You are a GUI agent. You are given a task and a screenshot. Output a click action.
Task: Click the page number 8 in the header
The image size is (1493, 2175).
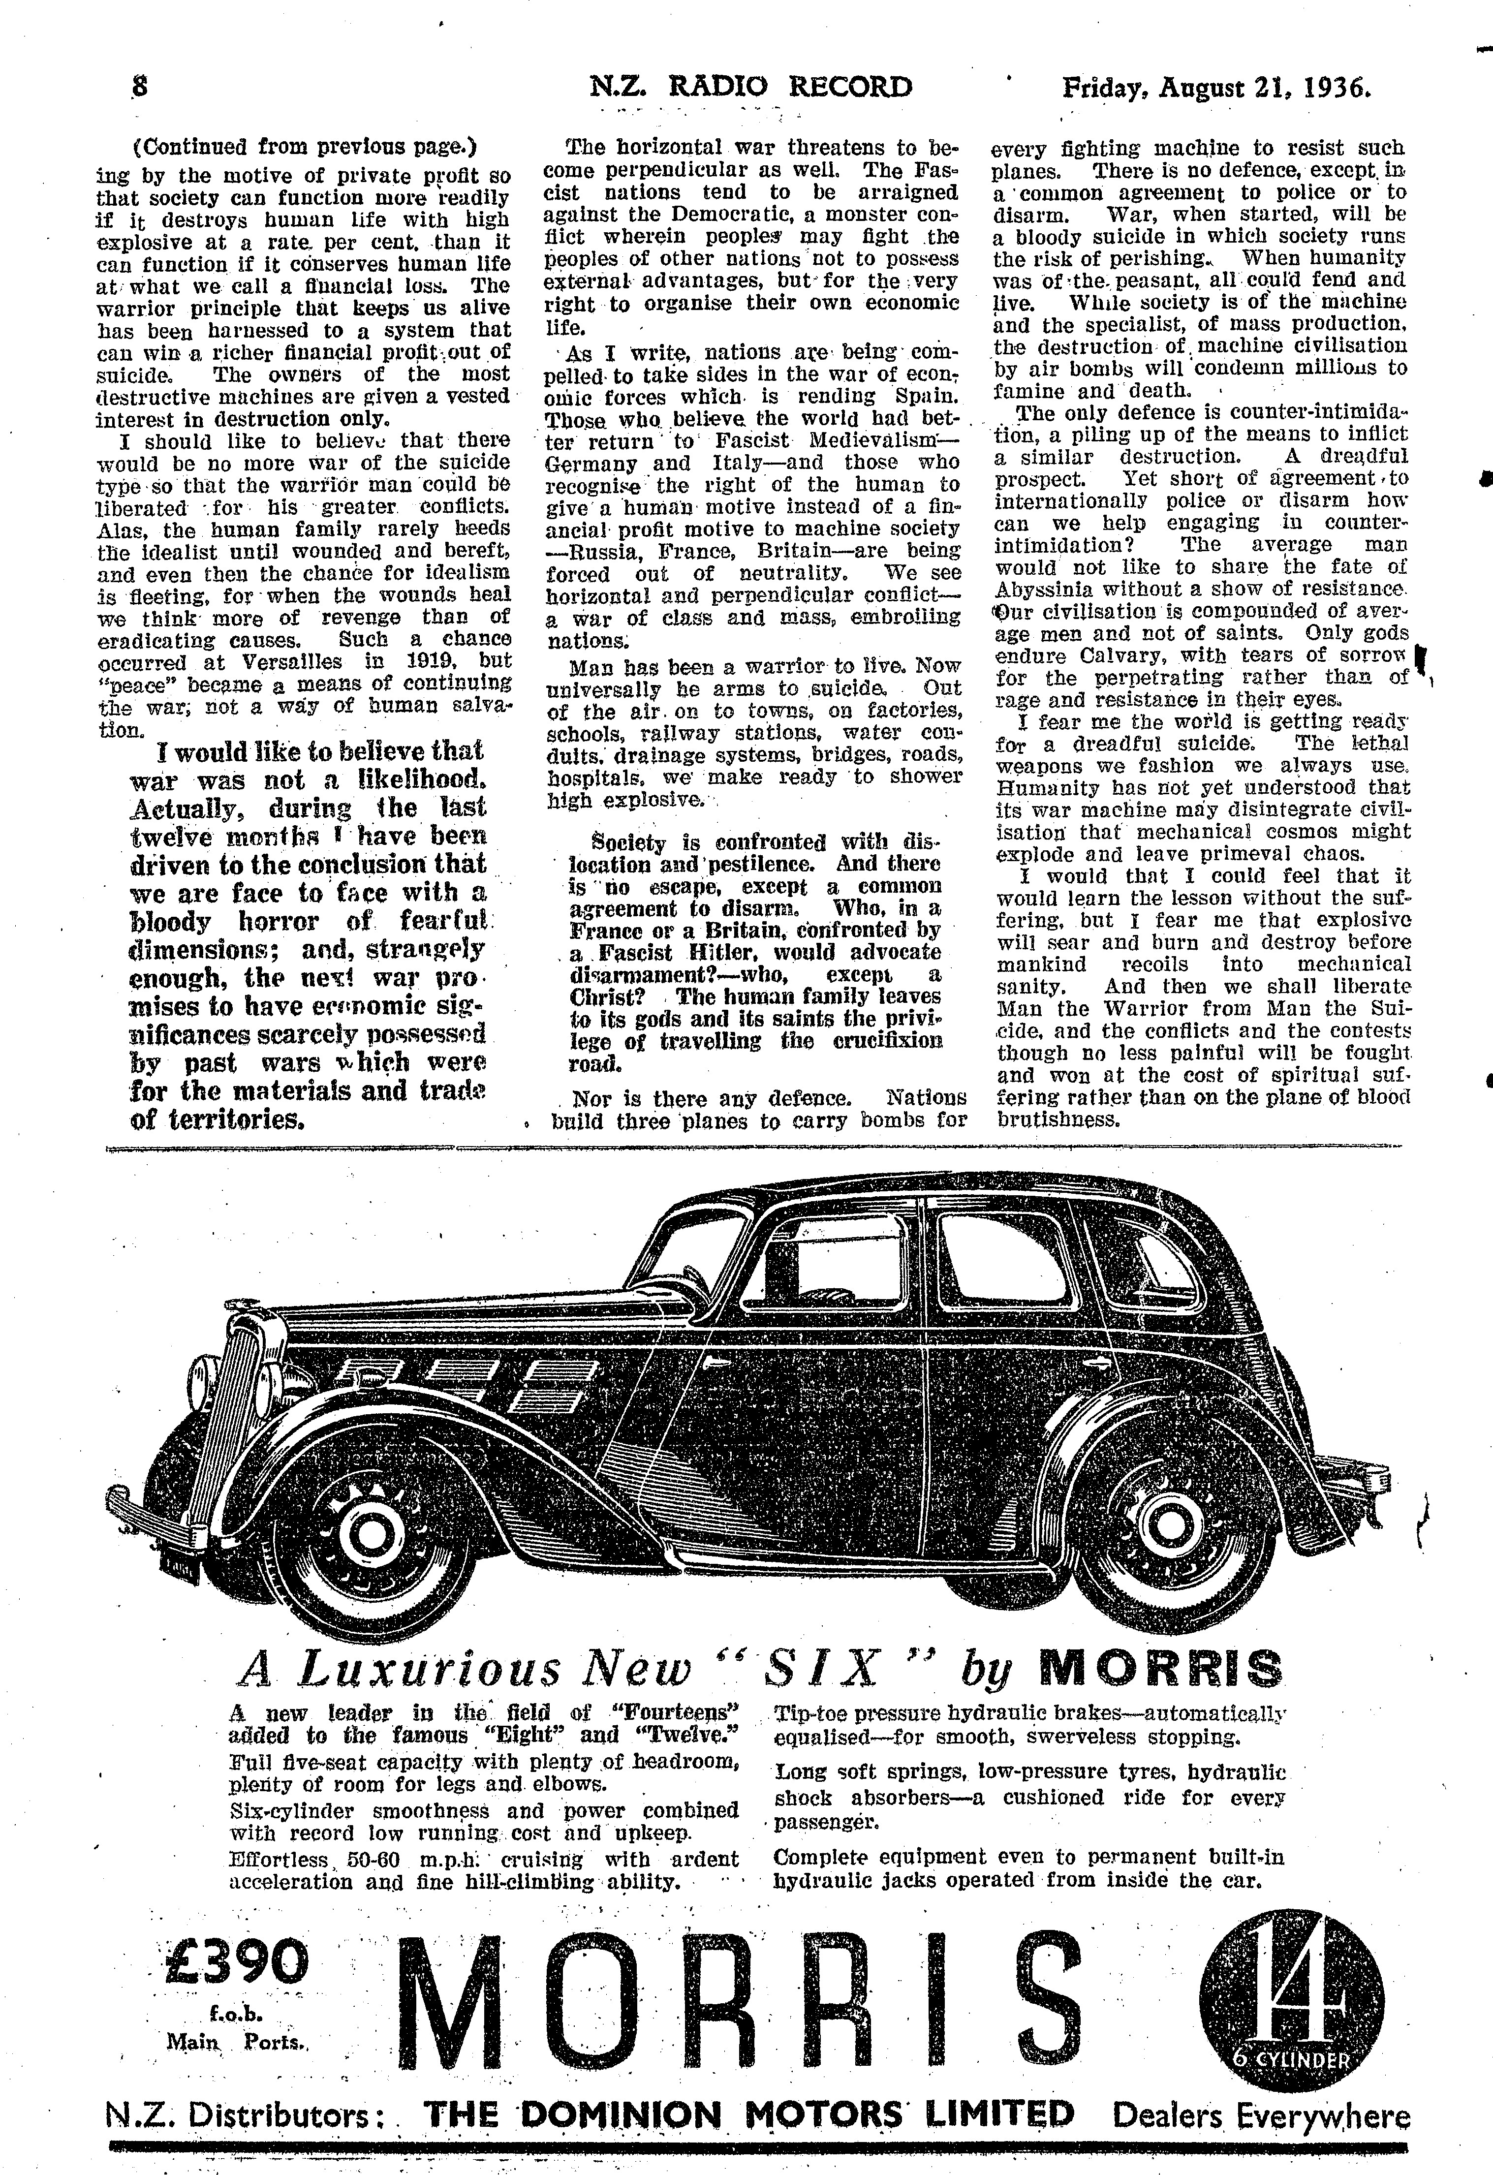click(x=140, y=87)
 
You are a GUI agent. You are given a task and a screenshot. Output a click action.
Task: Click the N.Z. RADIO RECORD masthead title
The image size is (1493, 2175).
click(x=751, y=87)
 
